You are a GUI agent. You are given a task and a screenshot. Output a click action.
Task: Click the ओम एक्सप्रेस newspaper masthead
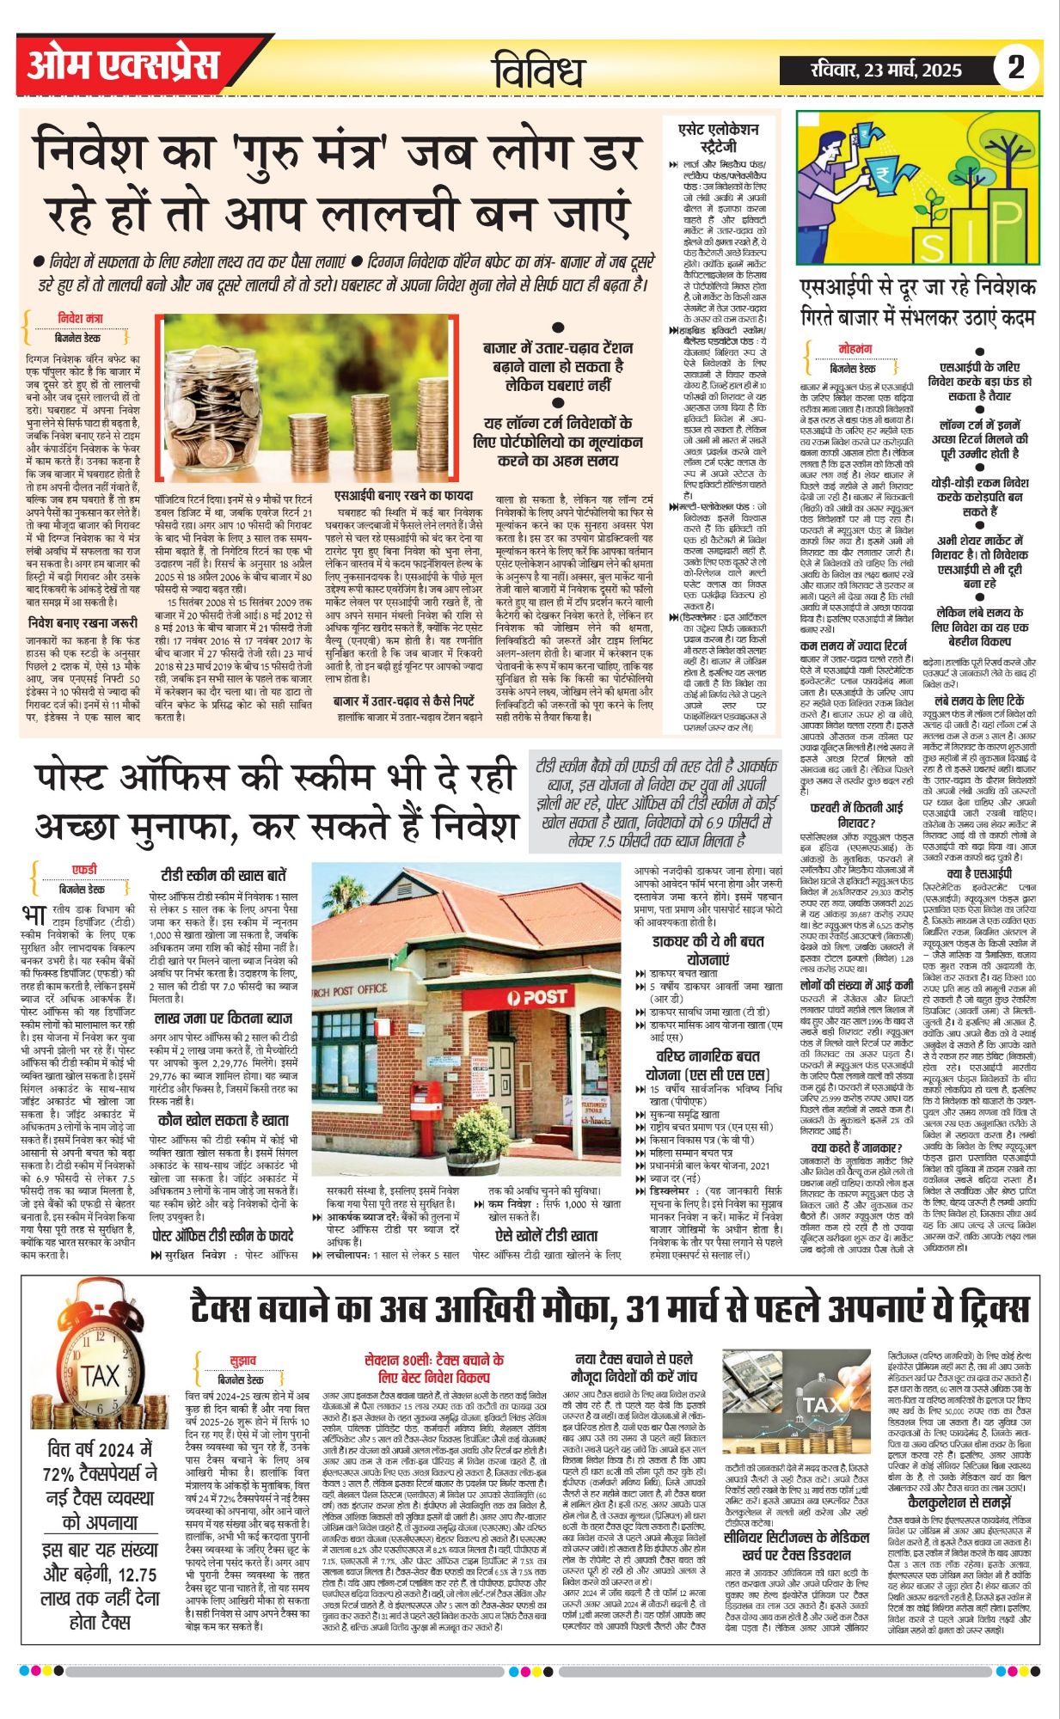(123, 65)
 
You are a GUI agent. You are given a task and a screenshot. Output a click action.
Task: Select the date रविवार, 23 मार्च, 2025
(885, 70)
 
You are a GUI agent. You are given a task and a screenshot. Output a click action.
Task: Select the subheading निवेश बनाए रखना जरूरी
(83, 622)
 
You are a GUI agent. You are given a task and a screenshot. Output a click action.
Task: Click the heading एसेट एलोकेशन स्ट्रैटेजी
(718, 137)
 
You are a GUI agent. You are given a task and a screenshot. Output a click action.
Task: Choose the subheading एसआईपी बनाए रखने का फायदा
(402, 496)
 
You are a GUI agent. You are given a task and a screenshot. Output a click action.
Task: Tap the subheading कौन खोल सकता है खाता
(223, 1120)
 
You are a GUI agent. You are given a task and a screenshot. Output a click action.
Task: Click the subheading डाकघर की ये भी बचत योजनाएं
(708, 951)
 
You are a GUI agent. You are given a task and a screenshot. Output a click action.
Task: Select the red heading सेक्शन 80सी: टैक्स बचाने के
(434, 1367)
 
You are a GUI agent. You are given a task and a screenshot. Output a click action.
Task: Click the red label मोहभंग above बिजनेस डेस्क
(855, 348)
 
